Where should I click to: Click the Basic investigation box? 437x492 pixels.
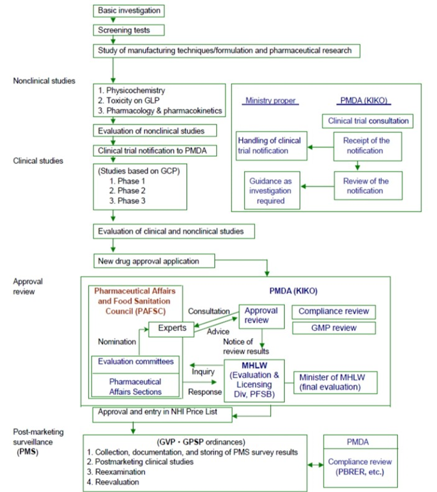point(129,11)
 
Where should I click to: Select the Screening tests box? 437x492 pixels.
point(129,30)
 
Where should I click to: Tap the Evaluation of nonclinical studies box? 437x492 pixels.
point(155,131)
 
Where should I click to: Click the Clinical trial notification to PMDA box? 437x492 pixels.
point(155,151)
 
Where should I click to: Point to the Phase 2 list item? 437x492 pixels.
point(127,191)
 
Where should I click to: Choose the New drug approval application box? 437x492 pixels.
point(154,261)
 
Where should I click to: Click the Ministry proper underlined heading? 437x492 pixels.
point(270,101)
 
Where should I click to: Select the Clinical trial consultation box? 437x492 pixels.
point(368,121)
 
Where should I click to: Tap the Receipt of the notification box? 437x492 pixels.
point(367,146)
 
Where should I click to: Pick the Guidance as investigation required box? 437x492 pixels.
point(272,191)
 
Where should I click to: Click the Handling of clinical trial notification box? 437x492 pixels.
point(271,146)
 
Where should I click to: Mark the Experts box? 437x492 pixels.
point(172,329)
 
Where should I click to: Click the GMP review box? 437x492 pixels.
point(334,328)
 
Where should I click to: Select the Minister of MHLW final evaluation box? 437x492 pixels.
point(335,382)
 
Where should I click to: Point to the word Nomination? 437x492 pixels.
point(117,342)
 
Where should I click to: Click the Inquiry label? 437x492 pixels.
point(203,371)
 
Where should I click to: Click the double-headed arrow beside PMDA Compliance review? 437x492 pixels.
point(315,465)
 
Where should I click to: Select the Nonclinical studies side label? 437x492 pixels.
point(44,81)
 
